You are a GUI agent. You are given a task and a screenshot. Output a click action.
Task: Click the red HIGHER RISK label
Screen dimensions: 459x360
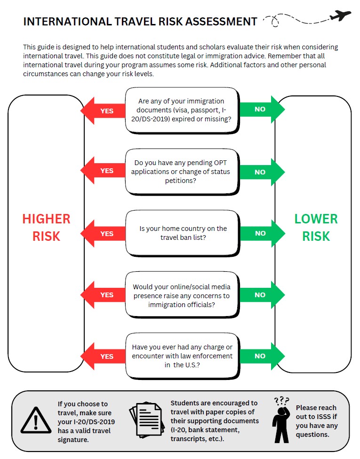coord(46,227)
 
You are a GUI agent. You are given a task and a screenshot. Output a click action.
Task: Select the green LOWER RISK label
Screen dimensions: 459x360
coord(316,227)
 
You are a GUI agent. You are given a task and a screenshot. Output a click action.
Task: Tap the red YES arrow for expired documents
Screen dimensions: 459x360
coord(103,111)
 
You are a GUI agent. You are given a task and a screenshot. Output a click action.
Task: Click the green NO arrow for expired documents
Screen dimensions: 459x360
coord(262,109)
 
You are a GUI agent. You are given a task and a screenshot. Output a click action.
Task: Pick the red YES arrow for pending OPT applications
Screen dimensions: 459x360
coord(103,170)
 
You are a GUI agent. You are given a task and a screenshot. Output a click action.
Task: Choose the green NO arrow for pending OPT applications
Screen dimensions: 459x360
coord(262,172)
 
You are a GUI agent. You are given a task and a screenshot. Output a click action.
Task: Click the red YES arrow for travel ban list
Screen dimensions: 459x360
coord(103,233)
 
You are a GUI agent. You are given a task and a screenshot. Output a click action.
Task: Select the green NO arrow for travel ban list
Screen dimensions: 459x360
coord(262,233)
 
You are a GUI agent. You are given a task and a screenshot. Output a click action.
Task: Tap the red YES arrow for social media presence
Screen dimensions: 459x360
coord(103,295)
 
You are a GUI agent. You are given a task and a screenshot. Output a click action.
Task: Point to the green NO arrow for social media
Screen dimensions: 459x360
coord(262,295)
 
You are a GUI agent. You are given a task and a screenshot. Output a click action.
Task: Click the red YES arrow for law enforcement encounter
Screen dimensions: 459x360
coord(103,356)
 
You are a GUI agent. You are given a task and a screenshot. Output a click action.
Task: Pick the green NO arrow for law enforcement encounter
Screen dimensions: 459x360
coord(262,356)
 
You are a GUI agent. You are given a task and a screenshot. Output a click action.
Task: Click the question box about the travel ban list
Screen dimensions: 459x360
coord(183,233)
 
